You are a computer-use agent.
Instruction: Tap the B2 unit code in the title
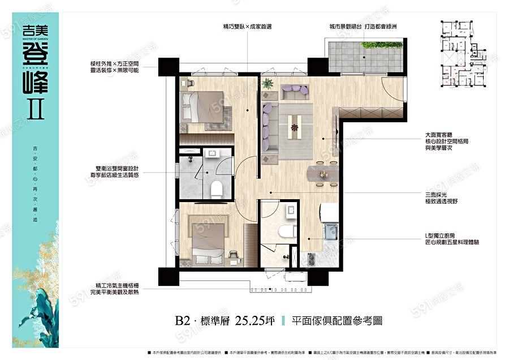click(182, 320)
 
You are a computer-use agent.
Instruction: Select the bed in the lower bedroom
click(210, 239)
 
